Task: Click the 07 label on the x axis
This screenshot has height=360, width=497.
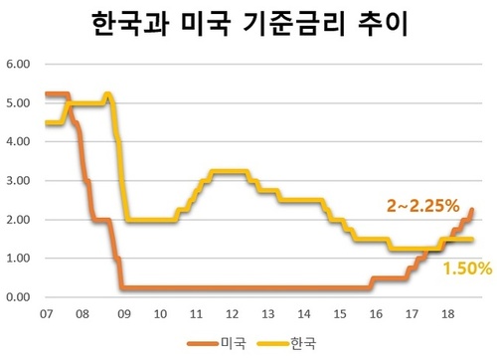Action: pyautogui.click(x=47, y=314)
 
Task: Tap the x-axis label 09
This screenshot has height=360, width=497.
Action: pyautogui.click(x=122, y=314)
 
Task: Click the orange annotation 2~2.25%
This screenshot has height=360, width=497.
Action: pyautogui.click(x=422, y=206)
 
